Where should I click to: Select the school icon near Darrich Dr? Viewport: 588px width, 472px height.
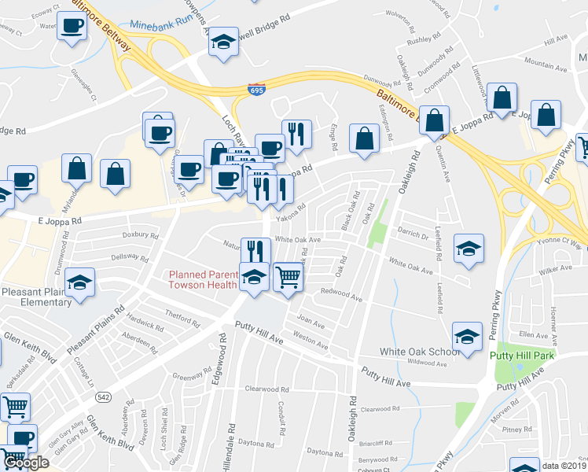click(x=469, y=249)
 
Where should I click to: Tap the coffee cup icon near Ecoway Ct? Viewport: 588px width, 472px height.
click(x=72, y=25)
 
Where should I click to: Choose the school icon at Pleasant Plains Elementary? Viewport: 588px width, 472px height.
click(x=80, y=282)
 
